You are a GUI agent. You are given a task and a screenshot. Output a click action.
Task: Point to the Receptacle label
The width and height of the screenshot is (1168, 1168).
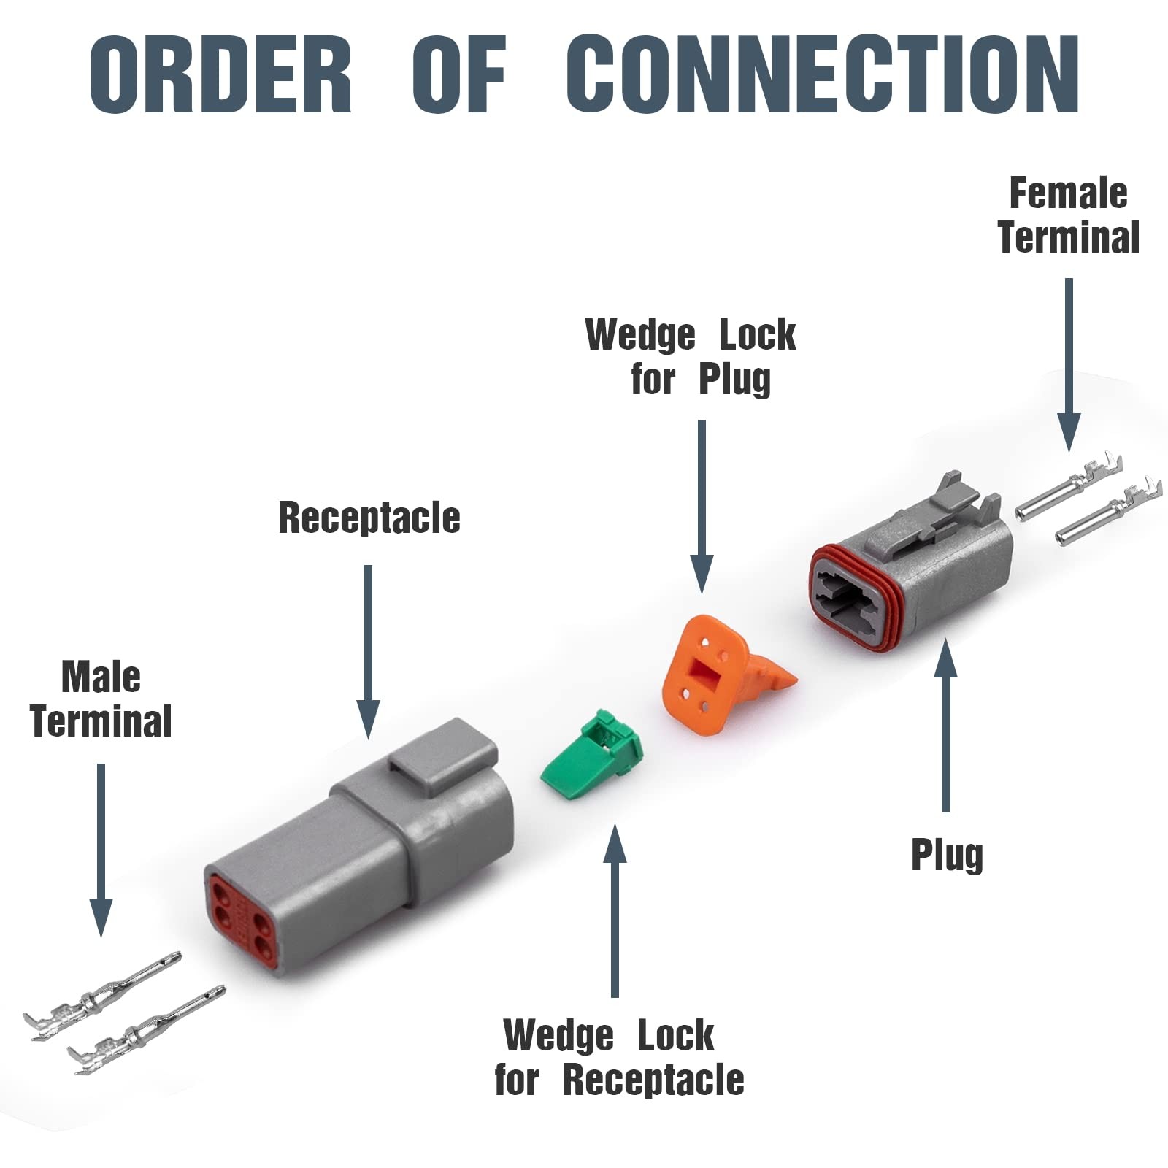369,518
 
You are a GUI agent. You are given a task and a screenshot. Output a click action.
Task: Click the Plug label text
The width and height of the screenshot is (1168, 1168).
947,855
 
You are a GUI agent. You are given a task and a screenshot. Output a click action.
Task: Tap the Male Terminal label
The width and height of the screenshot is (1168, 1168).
101,699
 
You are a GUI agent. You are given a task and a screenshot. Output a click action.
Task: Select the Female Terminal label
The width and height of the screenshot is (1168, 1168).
1069,215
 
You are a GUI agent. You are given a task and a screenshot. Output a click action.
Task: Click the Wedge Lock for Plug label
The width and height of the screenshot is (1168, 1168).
691,356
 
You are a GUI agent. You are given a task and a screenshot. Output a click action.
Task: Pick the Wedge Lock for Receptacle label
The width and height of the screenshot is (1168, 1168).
619,1058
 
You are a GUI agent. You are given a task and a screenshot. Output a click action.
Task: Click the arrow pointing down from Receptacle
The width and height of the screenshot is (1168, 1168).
369,650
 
